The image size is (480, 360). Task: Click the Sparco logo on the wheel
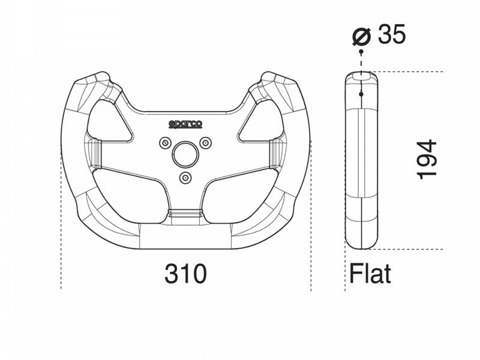click(x=185, y=124)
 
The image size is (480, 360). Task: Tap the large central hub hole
click(x=185, y=155)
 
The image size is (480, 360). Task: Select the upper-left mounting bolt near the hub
click(x=166, y=143)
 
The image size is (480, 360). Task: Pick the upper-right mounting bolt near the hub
click(x=205, y=142)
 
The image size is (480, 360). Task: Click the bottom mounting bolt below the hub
click(x=185, y=178)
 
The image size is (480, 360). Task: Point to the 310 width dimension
click(x=185, y=274)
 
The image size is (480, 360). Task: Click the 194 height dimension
click(x=427, y=159)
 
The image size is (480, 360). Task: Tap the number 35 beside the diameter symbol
click(x=392, y=34)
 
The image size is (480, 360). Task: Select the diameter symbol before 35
click(x=362, y=37)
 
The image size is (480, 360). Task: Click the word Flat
click(x=370, y=274)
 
